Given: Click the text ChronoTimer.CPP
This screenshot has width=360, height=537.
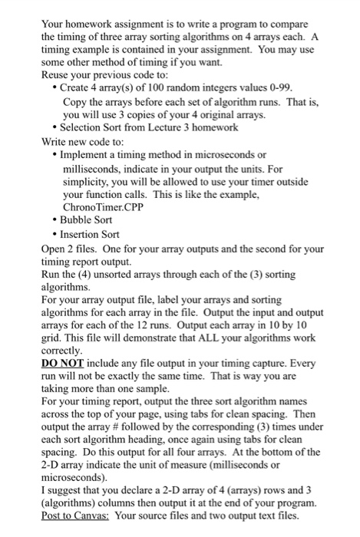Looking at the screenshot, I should (x=102, y=209).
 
